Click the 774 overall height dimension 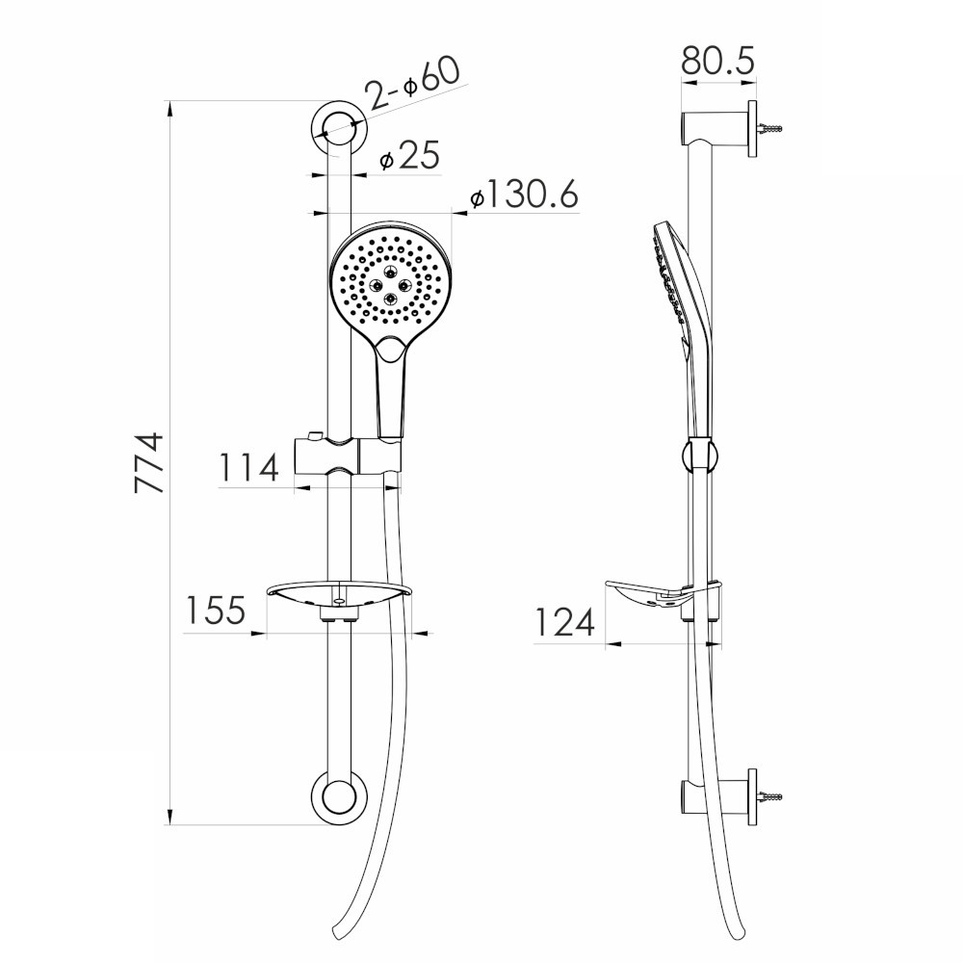pyautogui.click(x=149, y=463)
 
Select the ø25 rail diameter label pyautogui.click(x=408, y=156)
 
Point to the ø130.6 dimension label pyautogui.click(x=524, y=195)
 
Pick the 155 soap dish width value pyautogui.click(x=216, y=612)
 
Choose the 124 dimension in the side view pyautogui.click(x=564, y=623)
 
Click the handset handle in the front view pyautogui.click(x=391, y=395)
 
